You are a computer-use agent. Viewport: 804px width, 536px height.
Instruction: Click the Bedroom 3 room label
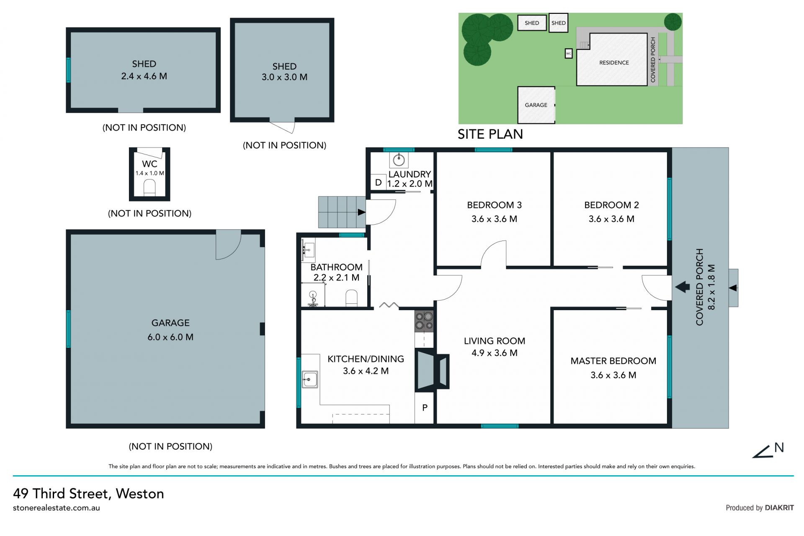494,205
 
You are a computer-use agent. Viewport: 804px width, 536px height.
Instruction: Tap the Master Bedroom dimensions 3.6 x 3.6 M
613,375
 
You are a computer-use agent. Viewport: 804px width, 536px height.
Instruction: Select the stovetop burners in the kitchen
424,321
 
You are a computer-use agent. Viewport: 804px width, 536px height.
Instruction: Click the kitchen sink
309,380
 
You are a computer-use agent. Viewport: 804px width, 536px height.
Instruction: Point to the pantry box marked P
425,407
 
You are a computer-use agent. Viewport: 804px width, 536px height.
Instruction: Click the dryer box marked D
378,182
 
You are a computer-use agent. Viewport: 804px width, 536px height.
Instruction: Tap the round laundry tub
399,159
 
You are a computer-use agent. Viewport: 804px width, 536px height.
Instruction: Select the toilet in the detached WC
149,188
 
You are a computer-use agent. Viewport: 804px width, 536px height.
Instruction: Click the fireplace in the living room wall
432,370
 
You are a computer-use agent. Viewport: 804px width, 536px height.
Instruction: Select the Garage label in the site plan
536,105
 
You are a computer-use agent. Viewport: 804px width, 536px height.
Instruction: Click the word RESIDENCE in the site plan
614,63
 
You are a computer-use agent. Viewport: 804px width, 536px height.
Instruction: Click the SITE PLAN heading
490,134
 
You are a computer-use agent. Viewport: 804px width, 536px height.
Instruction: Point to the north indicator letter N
779,448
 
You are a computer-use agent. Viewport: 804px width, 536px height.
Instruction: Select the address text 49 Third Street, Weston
88,494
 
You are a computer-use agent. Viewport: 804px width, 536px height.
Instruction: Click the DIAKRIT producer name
779,508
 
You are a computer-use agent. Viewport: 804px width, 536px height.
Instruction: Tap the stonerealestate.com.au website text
57,508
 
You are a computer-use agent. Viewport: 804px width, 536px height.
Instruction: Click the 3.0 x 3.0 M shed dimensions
285,77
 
